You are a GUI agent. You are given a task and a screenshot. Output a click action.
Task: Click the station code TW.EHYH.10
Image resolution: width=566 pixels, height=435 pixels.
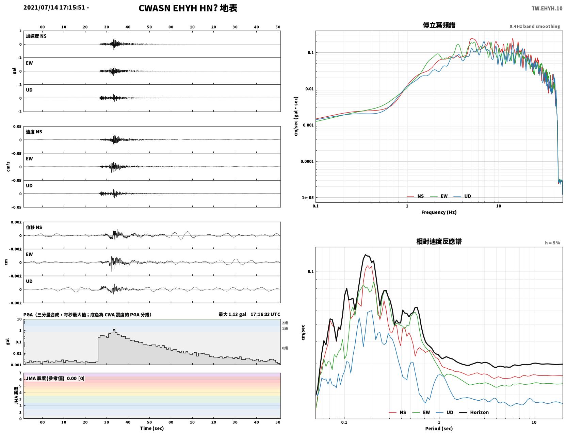point(547,8)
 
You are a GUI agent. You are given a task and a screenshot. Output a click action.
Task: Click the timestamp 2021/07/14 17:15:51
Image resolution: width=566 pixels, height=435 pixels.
point(54,7)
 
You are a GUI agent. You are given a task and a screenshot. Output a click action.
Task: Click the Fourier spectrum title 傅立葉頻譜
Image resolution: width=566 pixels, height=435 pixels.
point(439,25)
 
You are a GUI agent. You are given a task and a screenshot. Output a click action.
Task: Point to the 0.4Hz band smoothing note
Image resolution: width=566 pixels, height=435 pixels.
point(534,26)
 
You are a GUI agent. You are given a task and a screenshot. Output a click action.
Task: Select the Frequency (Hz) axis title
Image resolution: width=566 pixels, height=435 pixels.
point(439,212)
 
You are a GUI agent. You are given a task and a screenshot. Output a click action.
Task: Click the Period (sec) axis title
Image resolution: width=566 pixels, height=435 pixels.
point(439,429)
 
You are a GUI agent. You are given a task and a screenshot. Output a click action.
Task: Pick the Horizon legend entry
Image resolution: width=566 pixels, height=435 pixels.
point(474,412)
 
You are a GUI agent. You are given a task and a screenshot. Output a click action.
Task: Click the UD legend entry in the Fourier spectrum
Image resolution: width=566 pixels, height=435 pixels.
point(462,196)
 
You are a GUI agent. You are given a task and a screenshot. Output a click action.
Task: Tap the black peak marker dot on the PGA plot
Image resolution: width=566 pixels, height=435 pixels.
point(114,330)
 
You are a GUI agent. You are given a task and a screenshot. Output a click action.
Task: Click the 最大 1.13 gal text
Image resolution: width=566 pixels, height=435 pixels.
point(232,315)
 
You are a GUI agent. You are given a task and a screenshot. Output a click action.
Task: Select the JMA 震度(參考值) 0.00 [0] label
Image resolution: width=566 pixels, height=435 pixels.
point(55,378)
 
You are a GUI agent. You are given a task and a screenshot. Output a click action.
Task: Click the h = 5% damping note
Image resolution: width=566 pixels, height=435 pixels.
point(552,243)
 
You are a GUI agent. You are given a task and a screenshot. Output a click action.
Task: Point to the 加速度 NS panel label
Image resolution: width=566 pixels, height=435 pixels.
point(36,36)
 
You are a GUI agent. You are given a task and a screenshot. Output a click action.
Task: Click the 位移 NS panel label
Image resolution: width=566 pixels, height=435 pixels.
point(34,228)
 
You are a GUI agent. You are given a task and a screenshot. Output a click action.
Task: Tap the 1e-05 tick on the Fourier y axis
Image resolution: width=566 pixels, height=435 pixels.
point(308,198)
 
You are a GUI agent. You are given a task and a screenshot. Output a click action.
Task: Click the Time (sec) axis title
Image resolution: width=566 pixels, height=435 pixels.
point(152,428)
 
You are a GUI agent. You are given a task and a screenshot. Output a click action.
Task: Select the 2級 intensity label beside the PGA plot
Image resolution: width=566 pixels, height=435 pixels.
point(285,323)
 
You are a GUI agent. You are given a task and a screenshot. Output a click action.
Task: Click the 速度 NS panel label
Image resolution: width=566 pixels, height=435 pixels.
point(34,132)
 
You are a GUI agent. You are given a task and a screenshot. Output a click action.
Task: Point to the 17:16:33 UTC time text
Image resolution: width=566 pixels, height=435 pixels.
point(265,315)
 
